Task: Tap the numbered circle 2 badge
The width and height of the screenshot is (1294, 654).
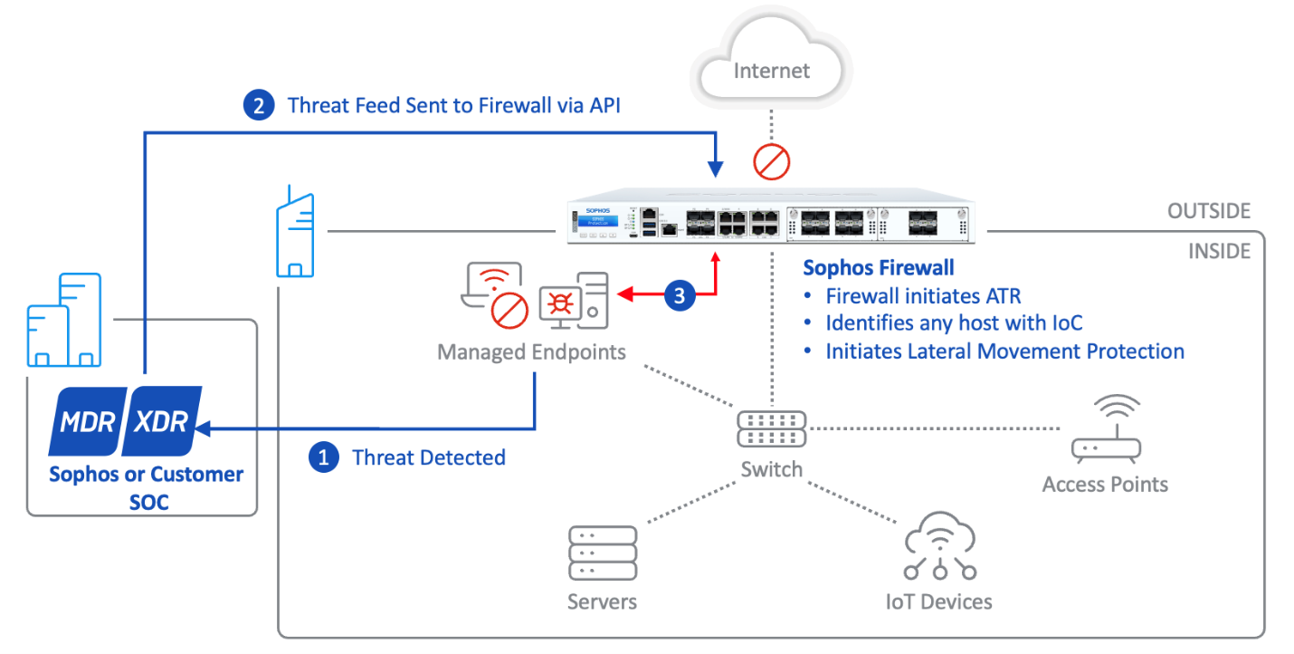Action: point(258,106)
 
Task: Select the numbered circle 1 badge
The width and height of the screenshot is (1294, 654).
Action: point(322,457)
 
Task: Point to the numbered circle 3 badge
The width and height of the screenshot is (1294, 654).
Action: point(680,295)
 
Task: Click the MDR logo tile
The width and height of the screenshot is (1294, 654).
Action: point(88,421)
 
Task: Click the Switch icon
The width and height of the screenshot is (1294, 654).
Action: point(771,428)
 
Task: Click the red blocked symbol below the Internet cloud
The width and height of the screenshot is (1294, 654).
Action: point(772,162)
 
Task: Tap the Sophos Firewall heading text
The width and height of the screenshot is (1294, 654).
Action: point(879,268)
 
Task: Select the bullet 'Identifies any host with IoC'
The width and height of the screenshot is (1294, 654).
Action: point(954,323)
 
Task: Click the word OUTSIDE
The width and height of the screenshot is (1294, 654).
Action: point(1208,212)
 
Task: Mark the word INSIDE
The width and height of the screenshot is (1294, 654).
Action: point(1219,251)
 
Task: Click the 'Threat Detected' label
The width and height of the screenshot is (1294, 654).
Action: point(429,457)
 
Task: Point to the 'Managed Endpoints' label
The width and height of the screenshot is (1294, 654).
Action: point(531,351)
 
